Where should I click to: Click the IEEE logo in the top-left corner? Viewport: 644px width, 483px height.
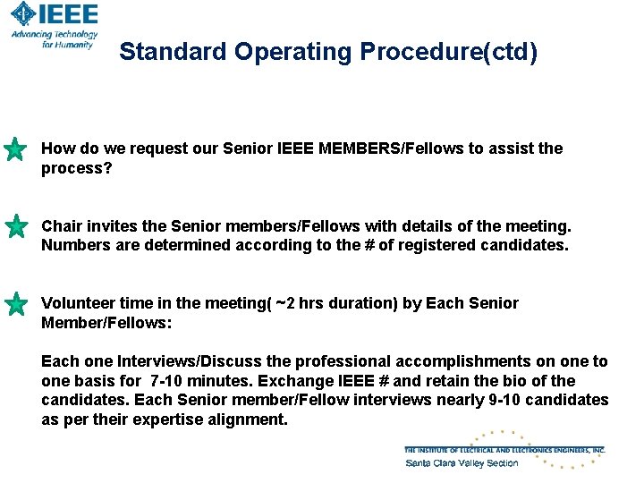pos(54,15)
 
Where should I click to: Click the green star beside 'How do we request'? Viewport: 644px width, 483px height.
pos(15,149)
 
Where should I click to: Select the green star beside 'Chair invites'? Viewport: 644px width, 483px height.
pos(15,226)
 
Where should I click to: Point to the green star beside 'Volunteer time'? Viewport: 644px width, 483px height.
pos(15,304)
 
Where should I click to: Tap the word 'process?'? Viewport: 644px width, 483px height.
pos(77,168)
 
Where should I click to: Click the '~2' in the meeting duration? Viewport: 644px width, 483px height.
pos(285,303)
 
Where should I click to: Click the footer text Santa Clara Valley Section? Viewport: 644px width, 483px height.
pos(462,462)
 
